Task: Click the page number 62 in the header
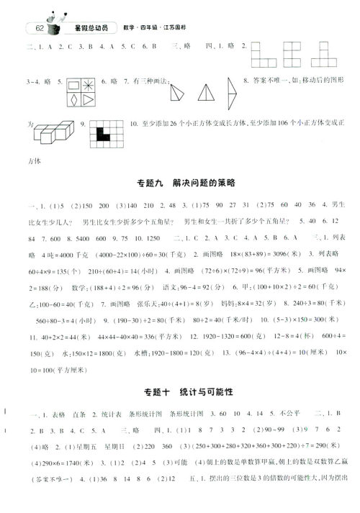click(x=35, y=29)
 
